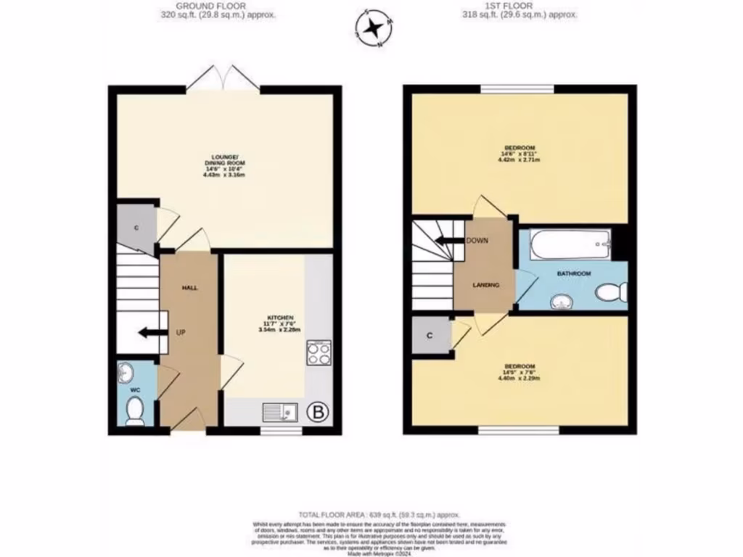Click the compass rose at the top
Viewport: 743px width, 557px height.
pos(374,29)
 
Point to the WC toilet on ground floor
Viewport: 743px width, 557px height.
pos(135,412)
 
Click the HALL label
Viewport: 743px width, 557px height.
pos(189,288)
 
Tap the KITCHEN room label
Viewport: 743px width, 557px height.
pos(279,318)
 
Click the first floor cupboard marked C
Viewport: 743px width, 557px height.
pos(430,336)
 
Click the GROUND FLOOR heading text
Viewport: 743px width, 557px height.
pos(217,5)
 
